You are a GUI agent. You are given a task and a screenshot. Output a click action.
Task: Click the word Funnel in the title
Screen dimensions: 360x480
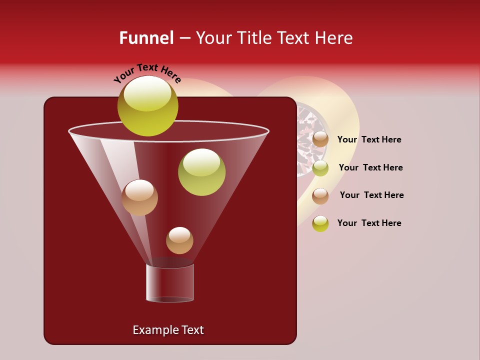click(x=146, y=38)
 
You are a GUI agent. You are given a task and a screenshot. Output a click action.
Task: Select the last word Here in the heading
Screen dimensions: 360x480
click(x=334, y=38)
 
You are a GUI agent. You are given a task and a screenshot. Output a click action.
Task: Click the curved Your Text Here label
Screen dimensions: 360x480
click(x=147, y=72)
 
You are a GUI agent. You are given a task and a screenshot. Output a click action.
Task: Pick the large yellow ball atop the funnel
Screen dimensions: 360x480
click(x=148, y=105)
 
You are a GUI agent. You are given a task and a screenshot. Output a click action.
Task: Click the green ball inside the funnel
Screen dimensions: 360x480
click(x=201, y=171)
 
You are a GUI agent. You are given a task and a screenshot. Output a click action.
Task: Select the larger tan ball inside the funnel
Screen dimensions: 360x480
click(x=139, y=197)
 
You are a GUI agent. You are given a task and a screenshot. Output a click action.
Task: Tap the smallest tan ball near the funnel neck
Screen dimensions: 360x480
click(x=179, y=240)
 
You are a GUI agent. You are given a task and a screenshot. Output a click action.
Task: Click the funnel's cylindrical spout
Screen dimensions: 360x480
click(x=170, y=282)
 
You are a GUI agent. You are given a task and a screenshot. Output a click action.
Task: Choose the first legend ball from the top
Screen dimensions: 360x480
click(x=320, y=139)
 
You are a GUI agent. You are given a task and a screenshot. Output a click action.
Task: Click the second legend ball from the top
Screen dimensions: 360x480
click(x=320, y=167)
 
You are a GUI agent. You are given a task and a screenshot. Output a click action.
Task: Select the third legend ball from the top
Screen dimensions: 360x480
click(x=320, y=195)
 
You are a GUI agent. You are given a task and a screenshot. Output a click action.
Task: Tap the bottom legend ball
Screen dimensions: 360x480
click(x=320, y=223)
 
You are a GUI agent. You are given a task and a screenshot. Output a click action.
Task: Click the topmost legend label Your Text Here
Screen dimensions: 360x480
click(x=369, y=140)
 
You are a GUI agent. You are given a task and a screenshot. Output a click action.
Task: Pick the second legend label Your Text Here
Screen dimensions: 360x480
click(x=370, y=167)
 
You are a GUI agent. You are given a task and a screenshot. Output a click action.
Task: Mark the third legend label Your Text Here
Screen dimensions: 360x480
click(x=371, y=195)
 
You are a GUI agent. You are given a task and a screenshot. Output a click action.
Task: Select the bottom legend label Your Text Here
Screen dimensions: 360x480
click(x=369, y=223)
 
